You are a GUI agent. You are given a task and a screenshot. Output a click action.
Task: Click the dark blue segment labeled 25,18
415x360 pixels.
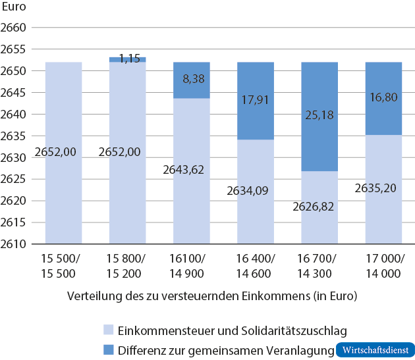(x=319, y=116)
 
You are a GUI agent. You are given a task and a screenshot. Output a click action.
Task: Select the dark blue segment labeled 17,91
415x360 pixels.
(x=256, y=101)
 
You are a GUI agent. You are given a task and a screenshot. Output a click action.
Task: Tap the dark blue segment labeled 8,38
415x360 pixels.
(x=192, y=80)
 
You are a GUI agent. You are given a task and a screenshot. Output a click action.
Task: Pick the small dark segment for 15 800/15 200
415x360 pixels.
(x=128, y=60)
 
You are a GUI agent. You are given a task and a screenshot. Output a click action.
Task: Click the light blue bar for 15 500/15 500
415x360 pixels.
(x=63, y=153)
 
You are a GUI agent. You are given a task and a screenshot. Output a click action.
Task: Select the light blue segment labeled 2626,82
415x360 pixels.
(x=319, y=207)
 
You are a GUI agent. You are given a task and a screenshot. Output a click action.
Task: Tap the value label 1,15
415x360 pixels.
(x=129, y=58)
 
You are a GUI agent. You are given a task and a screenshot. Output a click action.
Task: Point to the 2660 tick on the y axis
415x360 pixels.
(x=13, y=28)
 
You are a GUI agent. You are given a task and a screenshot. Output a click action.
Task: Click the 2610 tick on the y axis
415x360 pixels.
(x=13, y=244)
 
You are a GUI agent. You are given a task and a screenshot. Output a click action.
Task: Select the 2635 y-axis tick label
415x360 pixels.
(x=13, y=136)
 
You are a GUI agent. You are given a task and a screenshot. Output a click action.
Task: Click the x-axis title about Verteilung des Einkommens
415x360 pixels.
(x=212, y=296)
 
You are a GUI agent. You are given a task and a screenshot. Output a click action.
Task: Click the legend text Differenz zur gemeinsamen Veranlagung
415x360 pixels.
(x=224, y=349)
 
